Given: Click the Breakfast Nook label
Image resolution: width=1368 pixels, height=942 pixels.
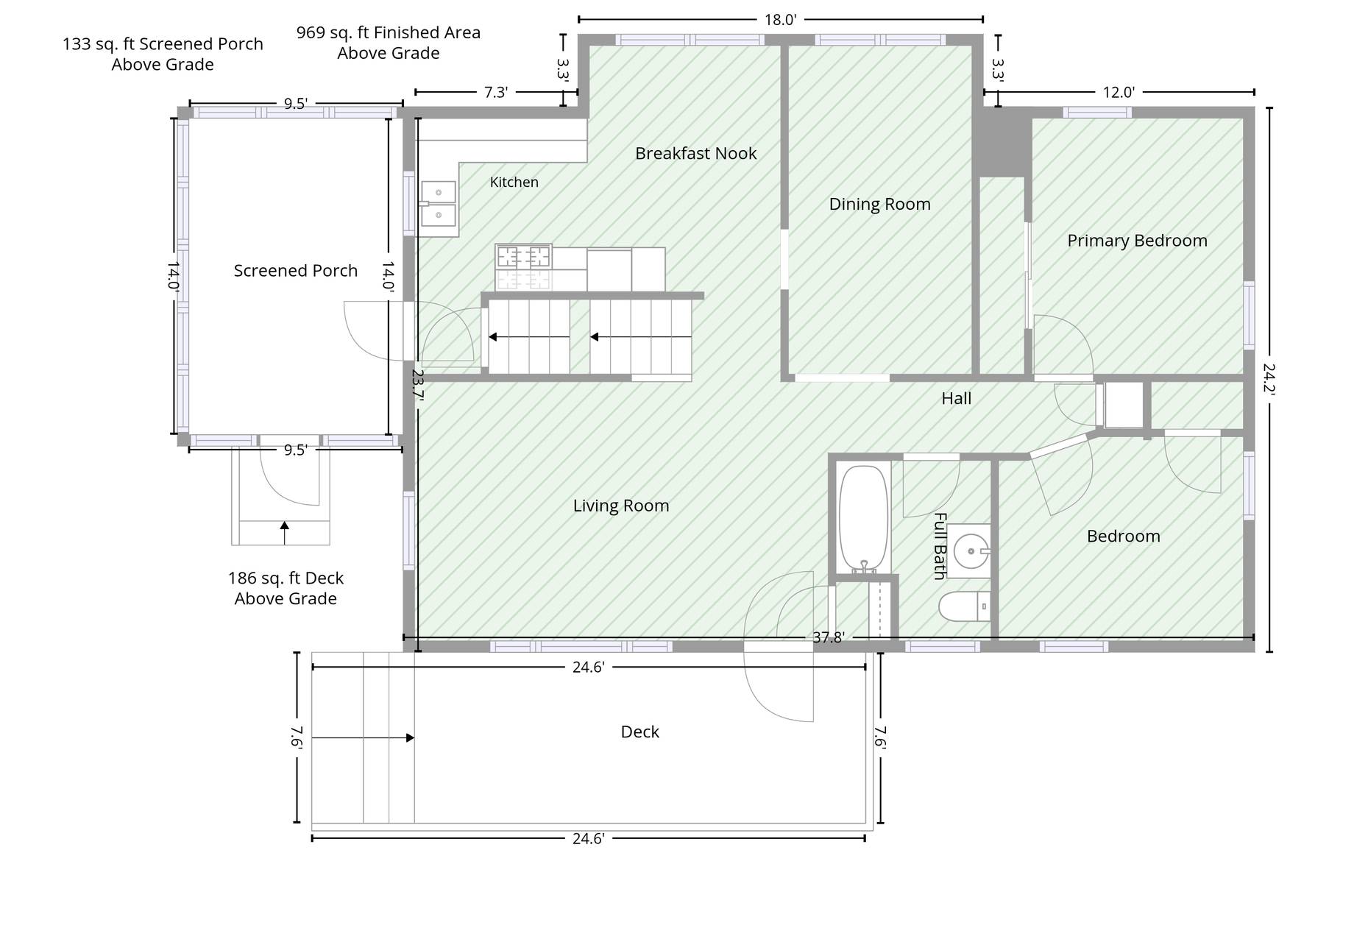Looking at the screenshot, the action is (x=695, y=153).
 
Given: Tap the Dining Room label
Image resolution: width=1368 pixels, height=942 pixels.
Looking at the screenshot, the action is (x=879, y=204).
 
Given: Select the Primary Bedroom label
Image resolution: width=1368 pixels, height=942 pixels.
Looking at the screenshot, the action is (x=1137, y=241).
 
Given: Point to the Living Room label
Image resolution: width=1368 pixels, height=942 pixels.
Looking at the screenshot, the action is (x=621, y=506).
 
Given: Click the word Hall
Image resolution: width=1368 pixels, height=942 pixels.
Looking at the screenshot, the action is (x=956, y=398).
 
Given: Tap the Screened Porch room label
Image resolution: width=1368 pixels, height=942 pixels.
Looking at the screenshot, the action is (x=295, y=270).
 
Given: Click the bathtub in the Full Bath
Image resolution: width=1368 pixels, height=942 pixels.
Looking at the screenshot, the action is (x=864, y=518).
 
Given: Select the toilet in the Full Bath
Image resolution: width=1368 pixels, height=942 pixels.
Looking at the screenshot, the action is (x=964, y=606).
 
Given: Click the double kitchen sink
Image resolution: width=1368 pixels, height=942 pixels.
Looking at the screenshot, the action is (x=439, y=204).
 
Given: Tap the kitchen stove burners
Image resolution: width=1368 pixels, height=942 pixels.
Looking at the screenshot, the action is (x=523, y=257).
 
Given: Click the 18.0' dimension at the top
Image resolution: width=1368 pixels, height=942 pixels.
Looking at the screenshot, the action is (x=780, y=20).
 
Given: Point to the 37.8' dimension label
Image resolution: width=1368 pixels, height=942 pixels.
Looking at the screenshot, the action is (x=828, y=637).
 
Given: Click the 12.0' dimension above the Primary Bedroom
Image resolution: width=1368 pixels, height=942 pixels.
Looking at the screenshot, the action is (x=1119, y=92).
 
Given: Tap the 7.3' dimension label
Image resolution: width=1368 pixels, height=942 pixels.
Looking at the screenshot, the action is (x=495, y=92).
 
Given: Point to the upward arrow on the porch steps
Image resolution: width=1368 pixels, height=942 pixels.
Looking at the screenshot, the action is (x=285, y=533).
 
